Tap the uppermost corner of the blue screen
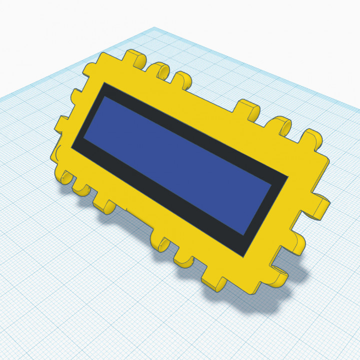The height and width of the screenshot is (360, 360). pyautogui.click(x=104, y=96)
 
